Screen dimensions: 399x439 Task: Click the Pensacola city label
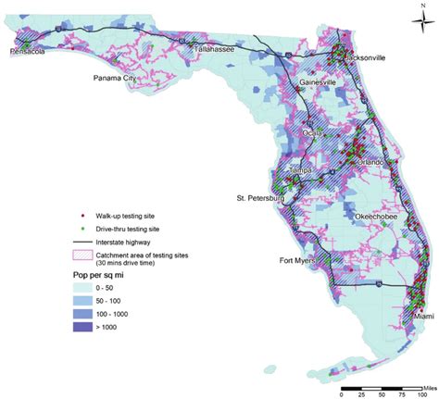[x=29, y=53]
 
